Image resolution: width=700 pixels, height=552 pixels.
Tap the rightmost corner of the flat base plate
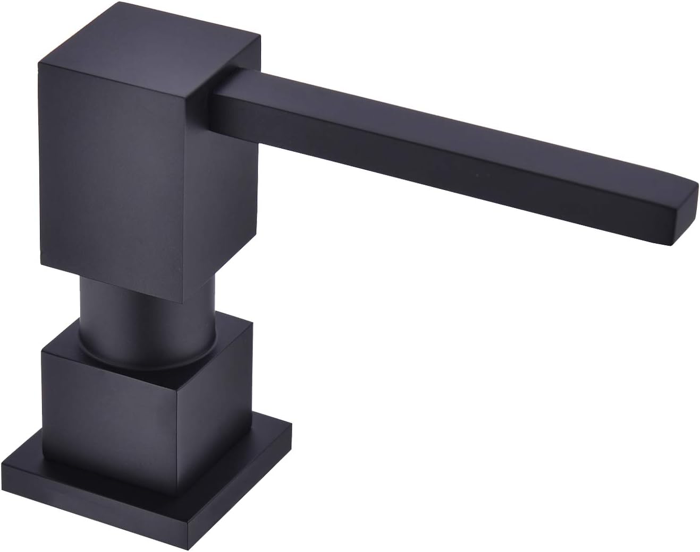click(292, 427)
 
